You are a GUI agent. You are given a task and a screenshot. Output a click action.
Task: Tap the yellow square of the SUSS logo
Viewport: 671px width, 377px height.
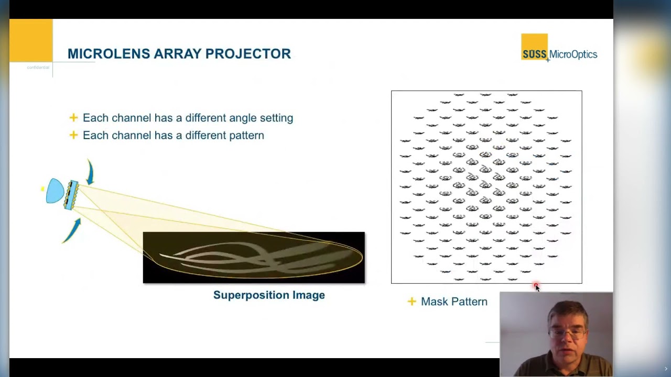point(534,46)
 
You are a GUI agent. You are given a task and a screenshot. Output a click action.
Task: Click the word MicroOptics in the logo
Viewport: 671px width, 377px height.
point(573,54)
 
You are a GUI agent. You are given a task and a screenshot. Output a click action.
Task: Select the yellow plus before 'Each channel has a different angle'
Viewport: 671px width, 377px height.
point(73,118)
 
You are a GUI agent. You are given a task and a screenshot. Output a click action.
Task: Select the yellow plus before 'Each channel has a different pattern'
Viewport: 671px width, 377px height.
point(73,135)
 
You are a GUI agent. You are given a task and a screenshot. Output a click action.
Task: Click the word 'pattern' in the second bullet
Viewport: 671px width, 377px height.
point(246,136)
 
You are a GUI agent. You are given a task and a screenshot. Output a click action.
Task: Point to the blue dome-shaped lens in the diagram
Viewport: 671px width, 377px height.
point(55,191)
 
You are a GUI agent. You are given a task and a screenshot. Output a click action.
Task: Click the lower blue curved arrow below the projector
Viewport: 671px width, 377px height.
point(73,230)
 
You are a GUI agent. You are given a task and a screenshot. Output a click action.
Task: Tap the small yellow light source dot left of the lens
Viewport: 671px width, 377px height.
point(42,188)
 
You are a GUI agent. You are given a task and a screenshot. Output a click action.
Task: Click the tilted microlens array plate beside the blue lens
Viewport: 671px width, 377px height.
point(71,195)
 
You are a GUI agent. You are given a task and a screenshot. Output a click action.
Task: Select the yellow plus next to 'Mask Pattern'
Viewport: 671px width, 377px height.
point(412,302)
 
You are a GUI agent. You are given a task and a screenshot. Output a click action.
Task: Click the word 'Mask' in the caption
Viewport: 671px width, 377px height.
point(434,302)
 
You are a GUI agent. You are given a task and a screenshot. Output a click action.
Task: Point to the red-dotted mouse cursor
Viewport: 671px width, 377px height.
point(536,286)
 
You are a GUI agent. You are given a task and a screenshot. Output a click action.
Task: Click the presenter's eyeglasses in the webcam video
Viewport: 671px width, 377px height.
point(568,332)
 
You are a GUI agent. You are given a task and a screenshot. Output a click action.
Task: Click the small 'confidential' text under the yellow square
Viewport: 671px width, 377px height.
point(38,68)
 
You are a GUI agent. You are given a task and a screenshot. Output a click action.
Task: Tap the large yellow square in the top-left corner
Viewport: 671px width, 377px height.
point(31,40)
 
